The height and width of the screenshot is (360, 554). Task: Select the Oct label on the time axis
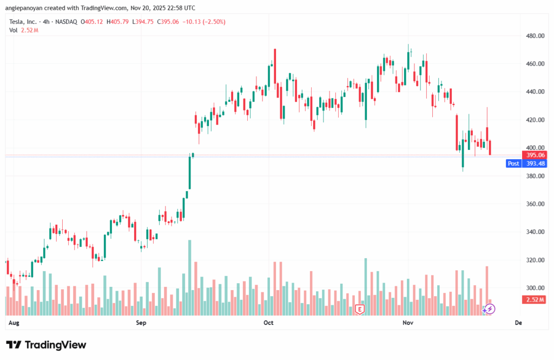pos(268,323)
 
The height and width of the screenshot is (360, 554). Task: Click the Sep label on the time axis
pos(141,323)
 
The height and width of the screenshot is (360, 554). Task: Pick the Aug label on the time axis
pos(15,323)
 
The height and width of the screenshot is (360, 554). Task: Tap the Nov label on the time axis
pos(408,323)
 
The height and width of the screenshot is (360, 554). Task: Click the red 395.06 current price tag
pos(536,155)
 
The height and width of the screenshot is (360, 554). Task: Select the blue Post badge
pos(513,163)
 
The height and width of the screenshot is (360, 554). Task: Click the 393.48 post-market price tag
pos(536,163)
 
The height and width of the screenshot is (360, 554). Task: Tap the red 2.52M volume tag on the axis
pos(536,299)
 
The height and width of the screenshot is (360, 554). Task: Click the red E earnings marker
pos(359,310)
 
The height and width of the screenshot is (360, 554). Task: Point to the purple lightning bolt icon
pos(489,309)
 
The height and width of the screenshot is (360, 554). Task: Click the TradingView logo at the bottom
pos(46,345)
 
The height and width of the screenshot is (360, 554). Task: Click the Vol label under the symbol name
pos(14,30)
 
